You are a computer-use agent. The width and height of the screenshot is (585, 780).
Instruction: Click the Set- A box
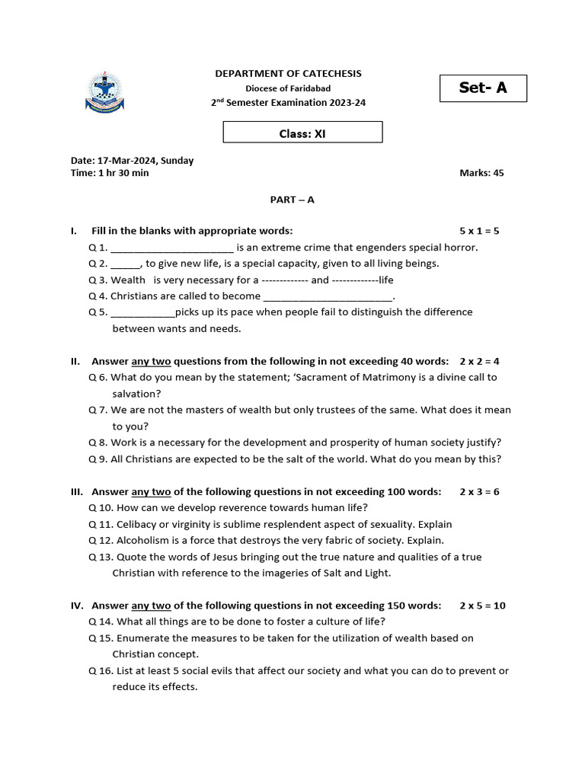pyautogui.click(x=483, y=88)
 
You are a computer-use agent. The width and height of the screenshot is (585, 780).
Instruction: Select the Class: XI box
pyautogui.click(x=302, y=133)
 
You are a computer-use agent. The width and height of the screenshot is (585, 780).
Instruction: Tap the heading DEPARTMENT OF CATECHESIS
pyautogui.click(x=288, y=74)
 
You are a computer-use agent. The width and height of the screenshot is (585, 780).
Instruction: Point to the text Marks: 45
pyautogui.click(x=481, y=173)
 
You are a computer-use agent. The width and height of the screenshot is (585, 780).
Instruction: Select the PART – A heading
pyautogui.click(x=292, y=200)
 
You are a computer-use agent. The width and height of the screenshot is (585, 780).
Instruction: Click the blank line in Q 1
pyautogui.click(x=172, y=248)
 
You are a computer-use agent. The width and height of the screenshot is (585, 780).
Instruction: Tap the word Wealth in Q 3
pyautogui.click(x=129, y=280)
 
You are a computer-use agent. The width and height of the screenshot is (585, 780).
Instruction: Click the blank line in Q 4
pyautogui.click(x=328, y=297)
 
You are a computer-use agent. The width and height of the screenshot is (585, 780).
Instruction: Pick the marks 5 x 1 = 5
pyautogui.click(x=479, y=231)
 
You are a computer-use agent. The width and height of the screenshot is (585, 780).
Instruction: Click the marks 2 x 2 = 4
pyautogui.click(x=479, y=361)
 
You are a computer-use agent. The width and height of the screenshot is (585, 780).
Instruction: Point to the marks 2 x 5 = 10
pyautogui.click(x=482, y=606)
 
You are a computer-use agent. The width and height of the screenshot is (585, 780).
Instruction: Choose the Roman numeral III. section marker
pyautogui.click(x=77, y=491)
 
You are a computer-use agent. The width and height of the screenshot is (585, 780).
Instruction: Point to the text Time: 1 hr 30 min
pyautogui.click(x=110, y=173)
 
